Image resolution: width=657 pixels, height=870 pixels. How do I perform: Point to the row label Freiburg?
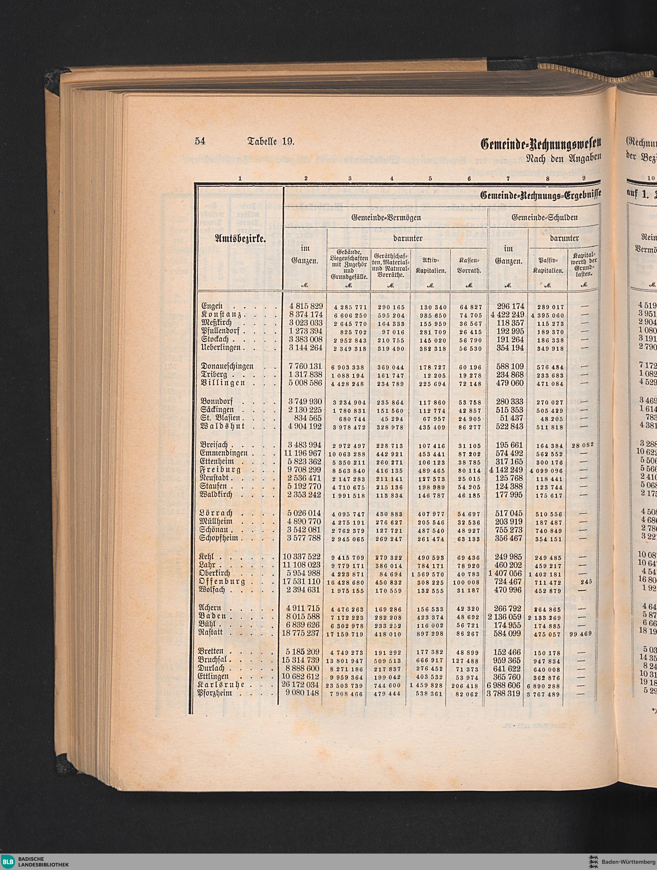220,470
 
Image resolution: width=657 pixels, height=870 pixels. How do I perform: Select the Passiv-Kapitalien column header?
547,266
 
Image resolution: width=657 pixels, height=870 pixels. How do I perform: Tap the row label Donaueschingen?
227,367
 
